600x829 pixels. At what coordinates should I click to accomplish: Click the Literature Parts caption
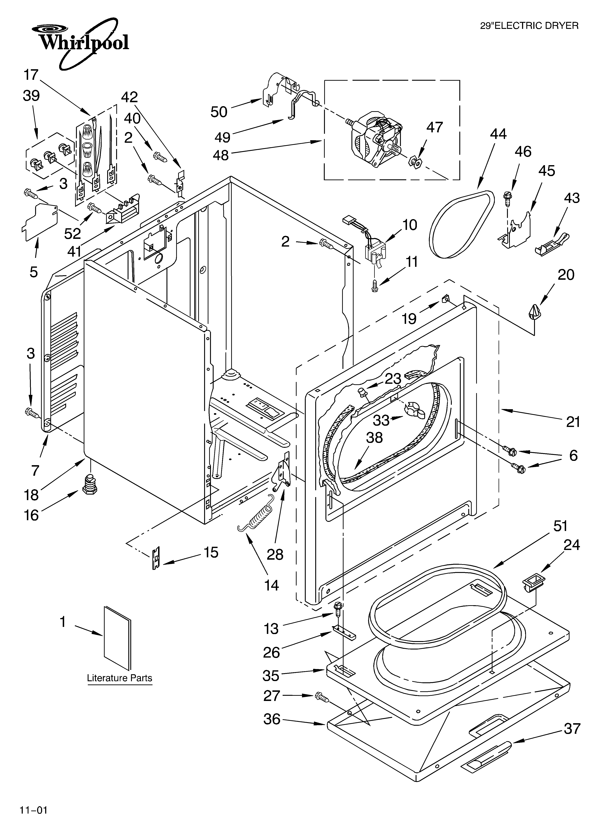click(x=120, y=678)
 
